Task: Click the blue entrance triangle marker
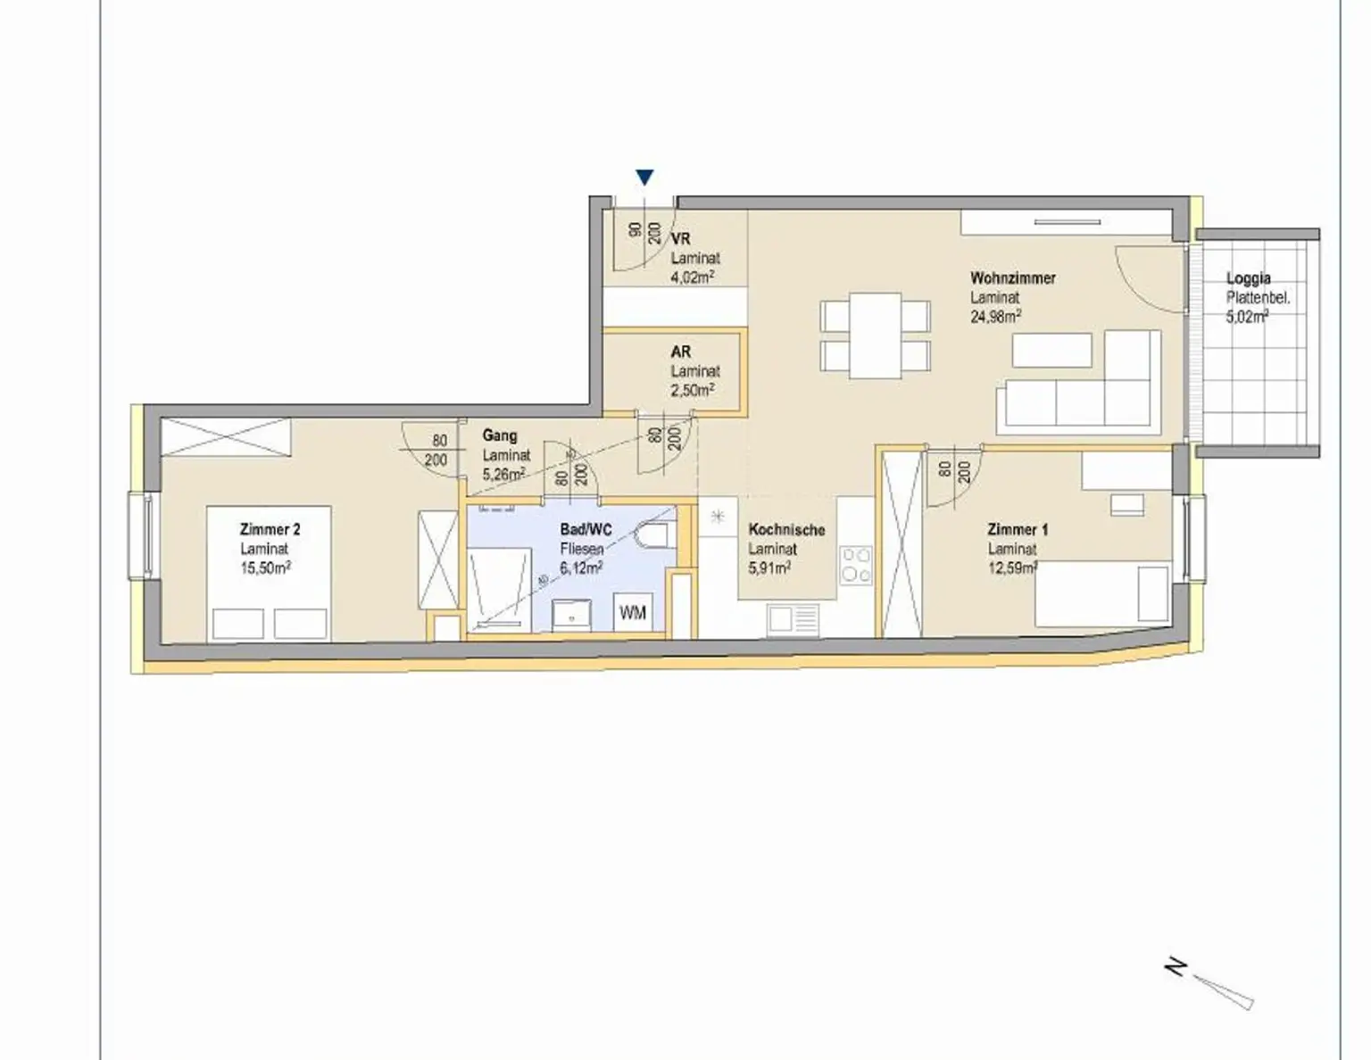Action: click(644, 178)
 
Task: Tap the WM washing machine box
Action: click(632, 612)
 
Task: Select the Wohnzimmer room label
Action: click(1012, 278)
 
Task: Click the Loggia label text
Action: click(1248, 278)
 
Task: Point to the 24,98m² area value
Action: click(995, 317)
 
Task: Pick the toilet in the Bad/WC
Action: click(652, 535)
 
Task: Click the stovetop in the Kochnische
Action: click(856, 565)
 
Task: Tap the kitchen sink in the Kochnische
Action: click(794, 619)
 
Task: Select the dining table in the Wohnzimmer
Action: click(875, 335)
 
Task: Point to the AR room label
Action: click(681, 352)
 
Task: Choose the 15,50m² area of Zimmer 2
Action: click(265, 568)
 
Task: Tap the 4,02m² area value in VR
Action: click(692, 277)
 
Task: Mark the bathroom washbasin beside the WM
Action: click(571, 616)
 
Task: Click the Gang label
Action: click(499, 435)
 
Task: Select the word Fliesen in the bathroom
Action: click(581, 550)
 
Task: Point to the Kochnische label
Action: click(786, 530)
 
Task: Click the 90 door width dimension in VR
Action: click(636, 229)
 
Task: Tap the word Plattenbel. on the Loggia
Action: click(1258, 298)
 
